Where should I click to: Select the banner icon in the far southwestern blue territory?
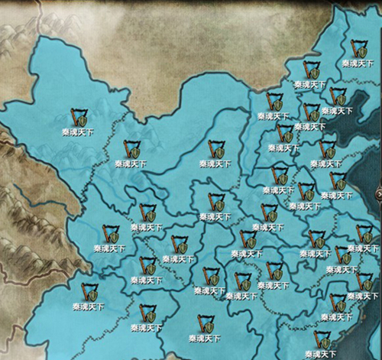click(89, 292)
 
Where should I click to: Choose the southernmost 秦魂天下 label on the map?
click(321, 354)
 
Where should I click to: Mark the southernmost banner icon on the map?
click(322, 339)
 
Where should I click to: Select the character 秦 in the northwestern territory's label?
click(66, 132)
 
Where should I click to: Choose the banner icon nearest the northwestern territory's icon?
click(131, 148)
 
